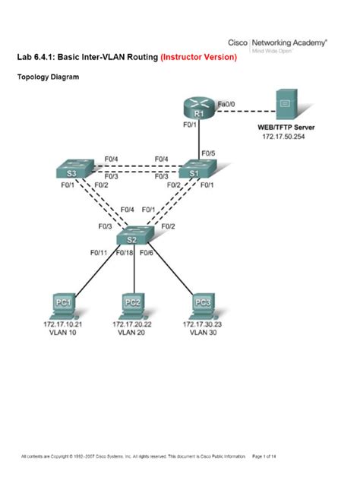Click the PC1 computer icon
pyautogui.click(x=63, y=303)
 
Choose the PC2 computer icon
pyautogui.click(x=133, y=303)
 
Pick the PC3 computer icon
pyautogui.click(x=202, y=303)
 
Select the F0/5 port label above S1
pyautogui.click(x=208, y=154)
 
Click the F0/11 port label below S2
pyautogui.click(x=99, y=251)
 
